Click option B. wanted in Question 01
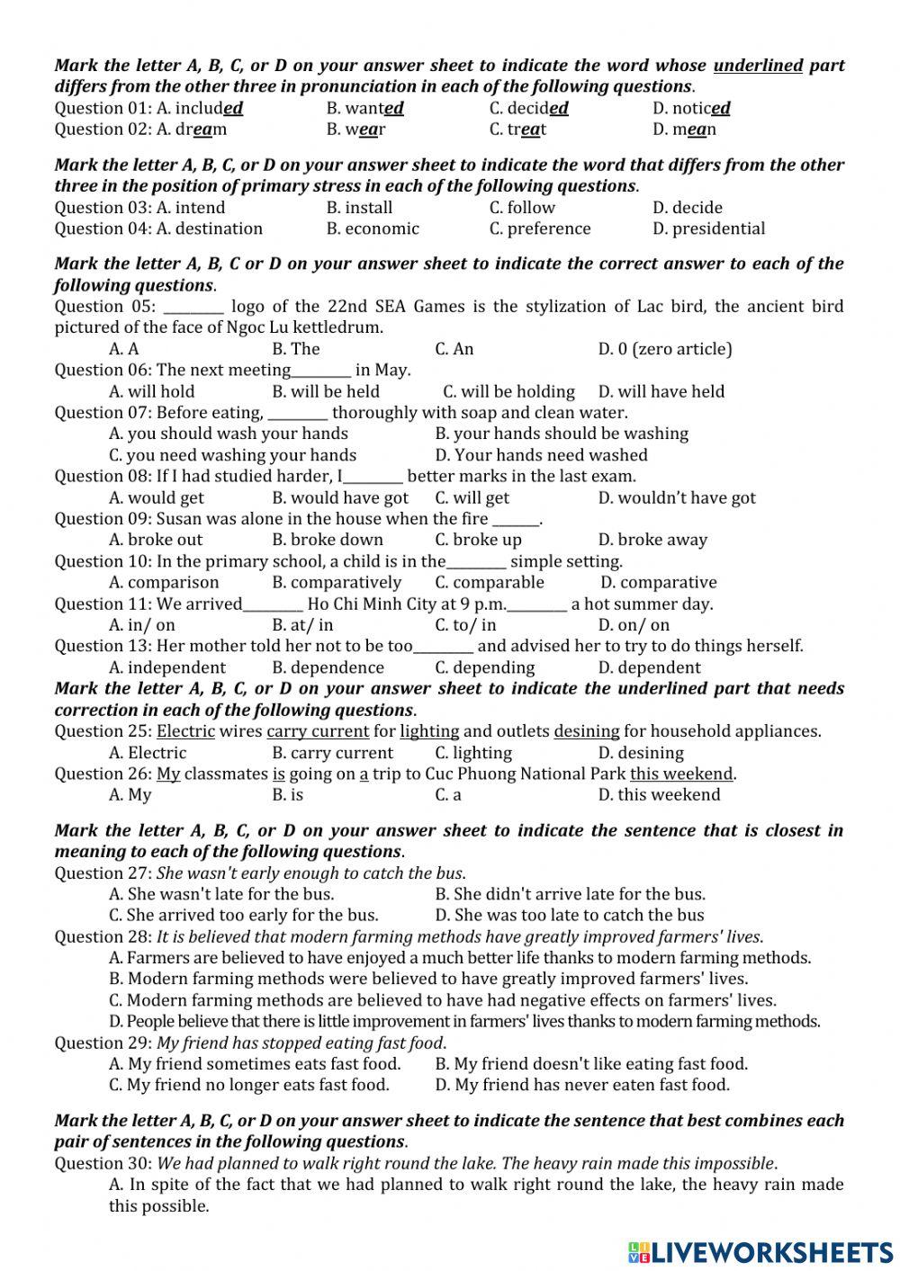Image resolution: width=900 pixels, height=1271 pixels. tap(364, 109)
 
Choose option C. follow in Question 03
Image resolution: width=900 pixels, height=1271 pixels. tap(522, 208)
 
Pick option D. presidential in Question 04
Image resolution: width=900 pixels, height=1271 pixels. tap(708, 228)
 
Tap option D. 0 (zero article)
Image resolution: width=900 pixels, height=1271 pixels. tap(665, 349)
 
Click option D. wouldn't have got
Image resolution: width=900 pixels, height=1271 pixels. tap(677, 497)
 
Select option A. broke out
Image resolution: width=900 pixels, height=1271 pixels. tap(156, 540)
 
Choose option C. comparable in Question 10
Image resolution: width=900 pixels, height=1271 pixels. tap(490, 582)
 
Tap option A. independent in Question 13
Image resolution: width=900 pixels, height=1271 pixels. tap(167, 667)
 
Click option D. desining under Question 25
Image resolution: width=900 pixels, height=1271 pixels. tap(641, 753)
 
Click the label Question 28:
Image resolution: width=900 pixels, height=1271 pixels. tap(103, 936)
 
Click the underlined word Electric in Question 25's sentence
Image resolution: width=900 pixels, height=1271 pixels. tap(185, 731)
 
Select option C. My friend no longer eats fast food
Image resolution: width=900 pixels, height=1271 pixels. tap(249, 1085)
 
